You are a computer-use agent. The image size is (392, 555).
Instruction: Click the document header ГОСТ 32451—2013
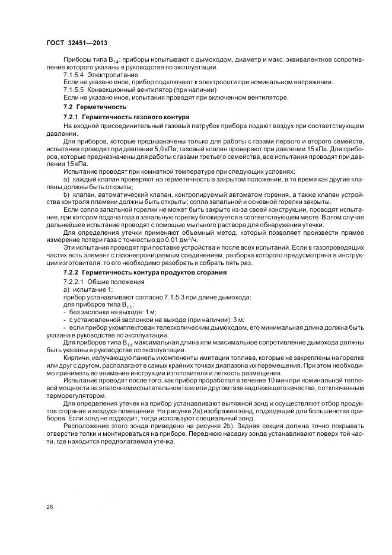(x=76, y=43)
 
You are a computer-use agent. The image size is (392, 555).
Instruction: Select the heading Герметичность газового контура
(x=138, y=117)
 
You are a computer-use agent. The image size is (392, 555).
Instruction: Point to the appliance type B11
(x=126, y=304)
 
